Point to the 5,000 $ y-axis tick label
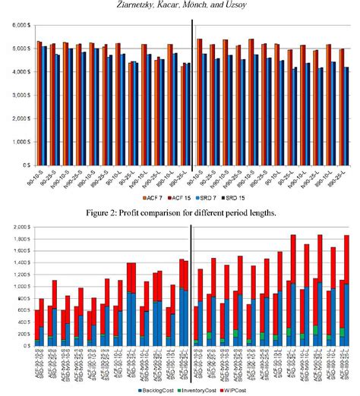click(17, 49)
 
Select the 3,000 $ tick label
click(17, 95)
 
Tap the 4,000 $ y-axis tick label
click(17, 72)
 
